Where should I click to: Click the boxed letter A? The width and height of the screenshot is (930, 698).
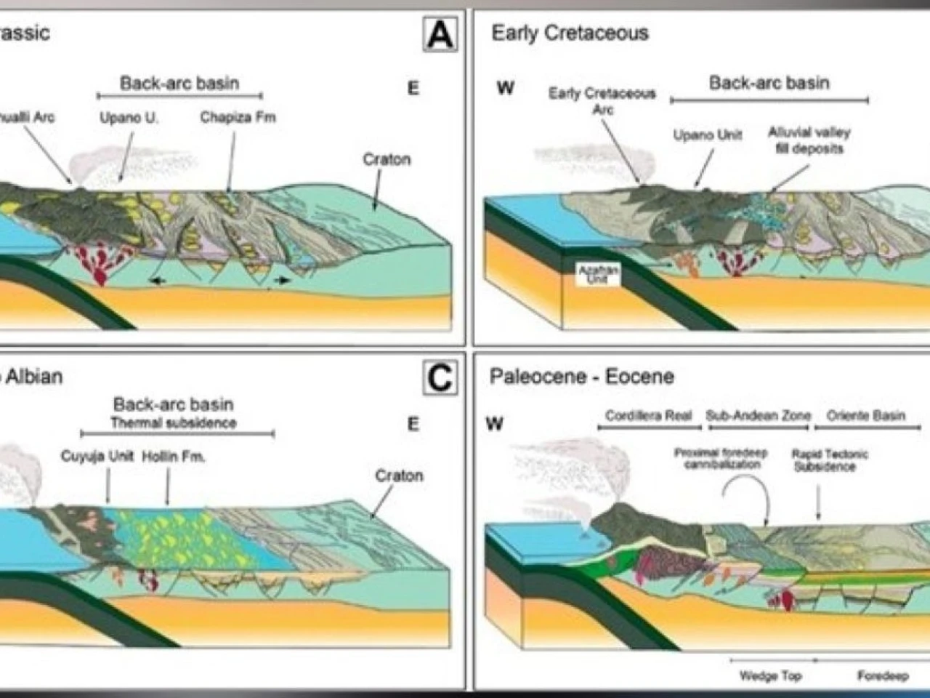[440, 34]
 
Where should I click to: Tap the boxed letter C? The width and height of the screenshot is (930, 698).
[440, 377]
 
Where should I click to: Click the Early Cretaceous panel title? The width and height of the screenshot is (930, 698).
[570, 33]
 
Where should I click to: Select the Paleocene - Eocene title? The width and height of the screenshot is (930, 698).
[581, 377]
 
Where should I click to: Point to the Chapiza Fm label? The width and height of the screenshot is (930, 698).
[238, 117]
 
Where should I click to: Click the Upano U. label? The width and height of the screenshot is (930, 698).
[129, 117]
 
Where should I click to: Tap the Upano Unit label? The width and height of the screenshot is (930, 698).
[708, 135]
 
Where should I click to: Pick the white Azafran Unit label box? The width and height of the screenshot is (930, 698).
[599, 274]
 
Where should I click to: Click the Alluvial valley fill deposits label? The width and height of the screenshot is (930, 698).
[809, 140]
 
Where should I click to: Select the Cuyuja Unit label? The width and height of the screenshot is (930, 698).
[97, 457]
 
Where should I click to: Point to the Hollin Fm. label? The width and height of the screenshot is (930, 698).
[174, 457]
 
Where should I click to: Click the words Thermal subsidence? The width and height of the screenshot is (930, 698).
[173, 422]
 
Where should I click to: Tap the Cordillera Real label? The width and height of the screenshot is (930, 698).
[649, 416]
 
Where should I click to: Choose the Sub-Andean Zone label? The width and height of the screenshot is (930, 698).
[758, 416]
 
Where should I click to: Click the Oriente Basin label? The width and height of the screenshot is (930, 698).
[866, 416]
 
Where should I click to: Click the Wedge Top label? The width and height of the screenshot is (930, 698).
[770, 676]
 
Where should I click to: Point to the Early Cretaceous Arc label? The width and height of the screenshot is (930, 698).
[602, 101]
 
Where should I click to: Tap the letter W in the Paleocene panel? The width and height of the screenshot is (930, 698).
[494, 424]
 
